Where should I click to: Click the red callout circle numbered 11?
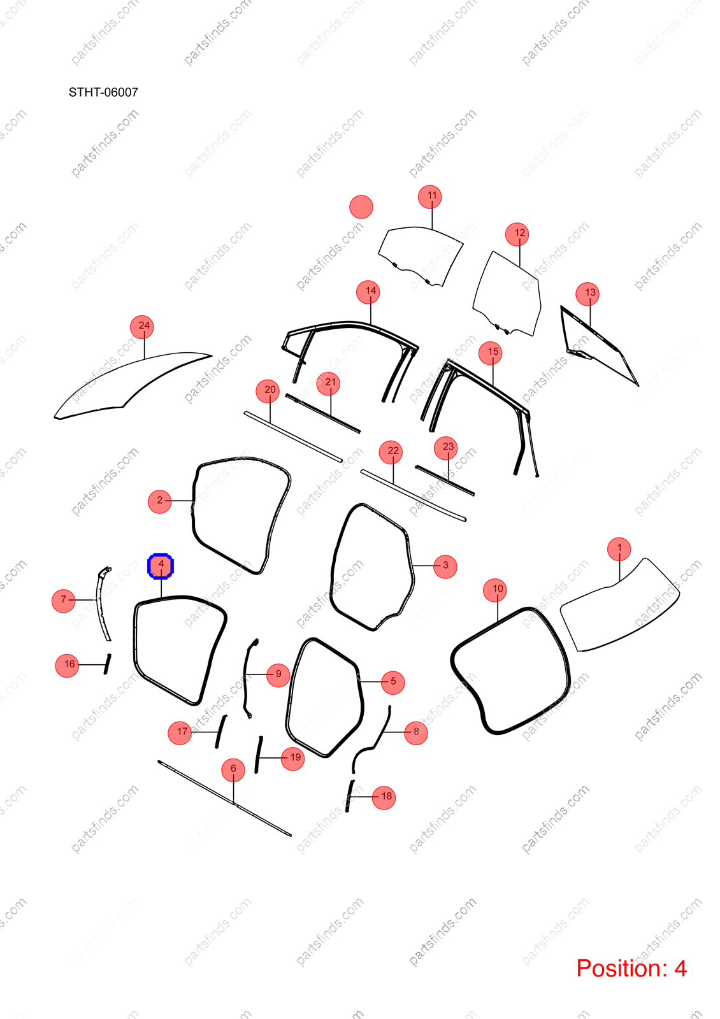[x=429, y=197]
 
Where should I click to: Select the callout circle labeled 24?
[x=142, y=327]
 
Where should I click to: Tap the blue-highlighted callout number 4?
[x=161, y=566]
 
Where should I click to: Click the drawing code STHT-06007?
[x=103, y=92]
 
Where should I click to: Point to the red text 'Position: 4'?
[x=631, y=968]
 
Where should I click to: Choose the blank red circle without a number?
[x=361, y=207]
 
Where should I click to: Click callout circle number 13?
[x=587, y=294]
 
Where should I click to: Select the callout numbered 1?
[x=619, y=548]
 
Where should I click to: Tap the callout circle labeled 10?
[x=495, y=590]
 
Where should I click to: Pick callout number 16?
[x=67, y=665]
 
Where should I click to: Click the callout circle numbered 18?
[x=384, y=797]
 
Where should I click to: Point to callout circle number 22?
[x=391, y=452]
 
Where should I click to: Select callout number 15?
[x=490, y=353]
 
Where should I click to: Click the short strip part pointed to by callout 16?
[x=107, y=664]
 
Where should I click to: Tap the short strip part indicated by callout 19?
[x=259, y=754]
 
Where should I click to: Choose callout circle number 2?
[x=160, y=501]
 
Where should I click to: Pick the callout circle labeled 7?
[x=63, y=601]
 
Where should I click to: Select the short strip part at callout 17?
[x=220, y=732]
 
